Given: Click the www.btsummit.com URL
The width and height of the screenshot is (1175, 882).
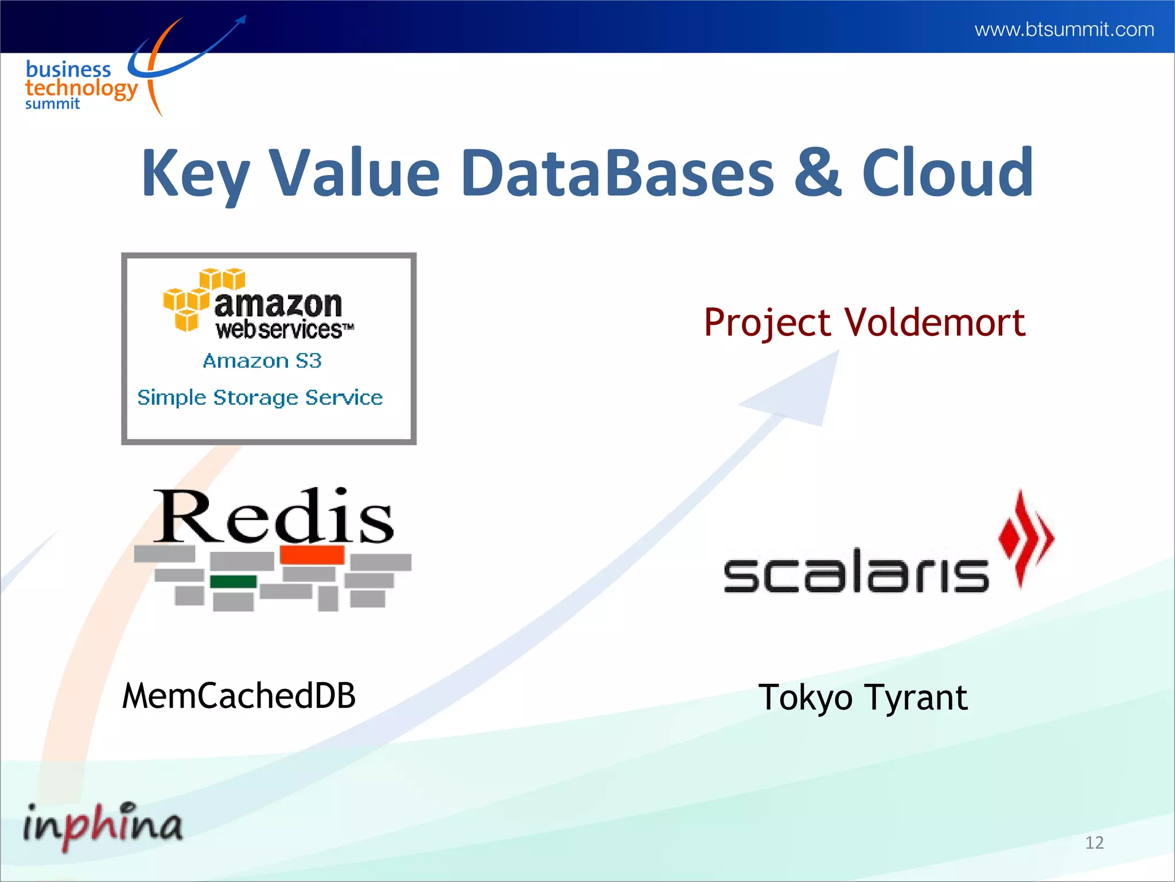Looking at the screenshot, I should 1064,29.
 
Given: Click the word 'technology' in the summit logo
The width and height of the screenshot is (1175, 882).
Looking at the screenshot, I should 81,88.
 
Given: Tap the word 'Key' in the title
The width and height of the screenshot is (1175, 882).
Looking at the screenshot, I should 195,173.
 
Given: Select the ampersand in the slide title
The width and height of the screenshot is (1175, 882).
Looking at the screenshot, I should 818,172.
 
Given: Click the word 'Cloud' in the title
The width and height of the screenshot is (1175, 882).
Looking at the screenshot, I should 947,172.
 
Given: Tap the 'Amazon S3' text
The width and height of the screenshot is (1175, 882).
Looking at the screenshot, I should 262,361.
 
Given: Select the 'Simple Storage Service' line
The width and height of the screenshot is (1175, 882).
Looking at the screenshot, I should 260,397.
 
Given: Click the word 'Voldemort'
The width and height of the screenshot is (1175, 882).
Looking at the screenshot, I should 935,322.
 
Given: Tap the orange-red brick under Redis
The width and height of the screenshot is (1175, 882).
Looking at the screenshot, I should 312,555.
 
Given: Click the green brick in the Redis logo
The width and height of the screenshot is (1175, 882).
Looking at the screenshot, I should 233,581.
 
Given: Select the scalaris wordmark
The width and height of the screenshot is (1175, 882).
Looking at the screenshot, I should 856,571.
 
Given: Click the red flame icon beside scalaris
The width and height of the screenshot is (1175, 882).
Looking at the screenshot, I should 1025,537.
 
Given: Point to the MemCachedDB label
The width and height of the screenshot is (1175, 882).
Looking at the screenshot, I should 239,695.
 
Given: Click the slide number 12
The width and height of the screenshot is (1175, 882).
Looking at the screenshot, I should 1094,842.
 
